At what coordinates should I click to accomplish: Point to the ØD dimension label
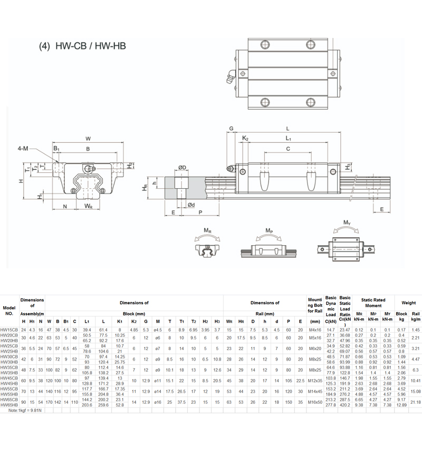pyautogui.click(x=181, y=168)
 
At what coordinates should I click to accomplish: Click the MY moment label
pyautogui.click(x=347, y=223)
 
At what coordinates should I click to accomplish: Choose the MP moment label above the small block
pyautogui.click(x=270, y=230)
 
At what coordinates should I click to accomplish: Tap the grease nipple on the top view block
pyautogui.click(x=230, y=77)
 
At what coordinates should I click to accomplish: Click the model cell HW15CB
pyautogui.click(x=9, y=329)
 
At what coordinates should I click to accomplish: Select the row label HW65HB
pyautogui.click(x=9, y=404)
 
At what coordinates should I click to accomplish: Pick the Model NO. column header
pyautogui.click(x=9, y=310)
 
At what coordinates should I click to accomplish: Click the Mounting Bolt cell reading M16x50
pyautogui.click(x=315, y=402)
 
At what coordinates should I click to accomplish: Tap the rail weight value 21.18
pyautogui.click(x=415, y=402)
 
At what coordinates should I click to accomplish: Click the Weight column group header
pyautogui.click(x=408, y=303)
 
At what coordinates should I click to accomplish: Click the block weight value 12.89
pyautogui.click(x=401, y=404)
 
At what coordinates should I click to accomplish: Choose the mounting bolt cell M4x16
pyautogui.click(x=315, y=329)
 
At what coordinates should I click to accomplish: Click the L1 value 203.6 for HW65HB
pyautogui.click(x=88, y=404)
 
